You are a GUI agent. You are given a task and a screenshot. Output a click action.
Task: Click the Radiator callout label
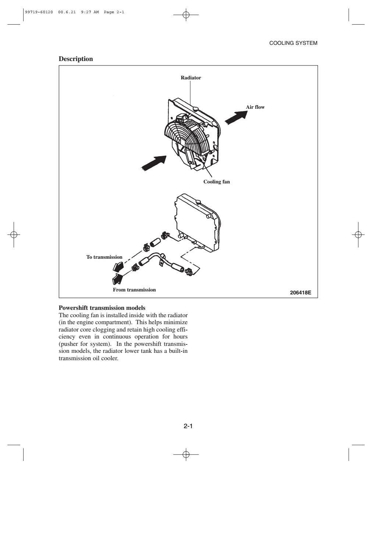[x=191, y=78]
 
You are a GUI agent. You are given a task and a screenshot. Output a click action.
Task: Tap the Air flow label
[x=255, y=107]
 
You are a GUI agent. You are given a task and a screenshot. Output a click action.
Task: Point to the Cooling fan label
[x=217, y=182]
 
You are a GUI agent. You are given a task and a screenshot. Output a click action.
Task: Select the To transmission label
[x=104, y=257]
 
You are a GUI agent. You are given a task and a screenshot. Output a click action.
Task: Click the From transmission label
[x=134, y=290]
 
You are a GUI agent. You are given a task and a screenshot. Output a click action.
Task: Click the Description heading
[x=76, y=59]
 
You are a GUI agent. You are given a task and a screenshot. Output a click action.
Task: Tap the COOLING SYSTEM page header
[x=293, y=43]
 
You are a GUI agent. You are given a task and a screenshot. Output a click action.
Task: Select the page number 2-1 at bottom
[x=188, y=426]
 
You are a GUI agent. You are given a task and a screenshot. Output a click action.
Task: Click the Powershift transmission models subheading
[x=102, y=308]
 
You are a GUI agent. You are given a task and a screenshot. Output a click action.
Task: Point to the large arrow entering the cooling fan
[x=154, y=163]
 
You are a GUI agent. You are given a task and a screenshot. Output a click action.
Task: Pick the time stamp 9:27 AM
[x=90, y=12]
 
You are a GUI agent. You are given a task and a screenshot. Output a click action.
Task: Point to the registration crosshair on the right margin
[x=357, y=234]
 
